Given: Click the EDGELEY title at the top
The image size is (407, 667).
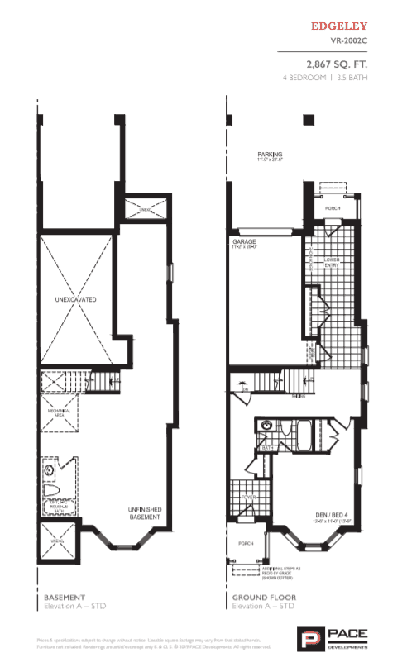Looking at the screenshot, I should [x=338, y=26].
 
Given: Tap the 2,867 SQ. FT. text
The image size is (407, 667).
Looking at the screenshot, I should [x=337, y=63].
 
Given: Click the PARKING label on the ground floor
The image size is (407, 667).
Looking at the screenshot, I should [x=270, y=155].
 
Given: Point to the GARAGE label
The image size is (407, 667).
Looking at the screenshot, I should [x=244, y=243].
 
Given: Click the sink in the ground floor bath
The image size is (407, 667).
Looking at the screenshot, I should [x=266, y=427].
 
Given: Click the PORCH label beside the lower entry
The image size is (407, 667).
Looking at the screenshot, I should [x=332, y=208].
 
